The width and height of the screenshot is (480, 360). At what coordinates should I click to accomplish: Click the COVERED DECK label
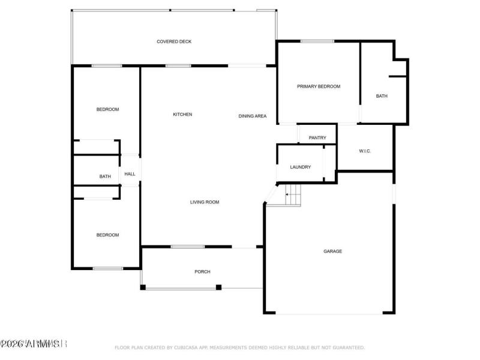174,41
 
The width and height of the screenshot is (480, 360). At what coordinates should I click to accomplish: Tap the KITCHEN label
182,115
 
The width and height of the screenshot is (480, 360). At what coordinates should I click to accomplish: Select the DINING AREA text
252,116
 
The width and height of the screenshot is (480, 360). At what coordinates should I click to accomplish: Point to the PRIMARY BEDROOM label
319,86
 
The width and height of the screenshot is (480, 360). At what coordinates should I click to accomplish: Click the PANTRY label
317,138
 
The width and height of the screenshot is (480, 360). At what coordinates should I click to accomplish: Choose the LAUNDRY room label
300,167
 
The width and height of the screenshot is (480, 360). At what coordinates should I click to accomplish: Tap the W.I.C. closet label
365,151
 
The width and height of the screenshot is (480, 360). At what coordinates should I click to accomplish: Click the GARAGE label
333,251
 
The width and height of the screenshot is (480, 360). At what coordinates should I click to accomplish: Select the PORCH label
202,272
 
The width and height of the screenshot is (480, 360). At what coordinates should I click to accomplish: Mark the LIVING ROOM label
205,202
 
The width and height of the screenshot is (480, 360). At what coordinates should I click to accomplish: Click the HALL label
130,174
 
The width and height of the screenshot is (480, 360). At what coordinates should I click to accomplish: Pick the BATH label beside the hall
105,176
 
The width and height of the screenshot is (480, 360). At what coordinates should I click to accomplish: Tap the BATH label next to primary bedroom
382,96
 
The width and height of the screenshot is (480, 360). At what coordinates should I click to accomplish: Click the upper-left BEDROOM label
107,109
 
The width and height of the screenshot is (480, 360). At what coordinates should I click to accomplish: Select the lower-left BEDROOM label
107,235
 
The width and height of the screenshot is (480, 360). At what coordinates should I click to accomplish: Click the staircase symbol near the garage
292,193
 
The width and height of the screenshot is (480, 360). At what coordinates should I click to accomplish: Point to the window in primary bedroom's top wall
317,41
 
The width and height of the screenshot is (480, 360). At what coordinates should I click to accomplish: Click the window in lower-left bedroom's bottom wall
108,268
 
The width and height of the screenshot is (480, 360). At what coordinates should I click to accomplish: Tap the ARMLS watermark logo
33,344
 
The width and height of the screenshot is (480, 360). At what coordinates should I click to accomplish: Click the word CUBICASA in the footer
189,347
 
